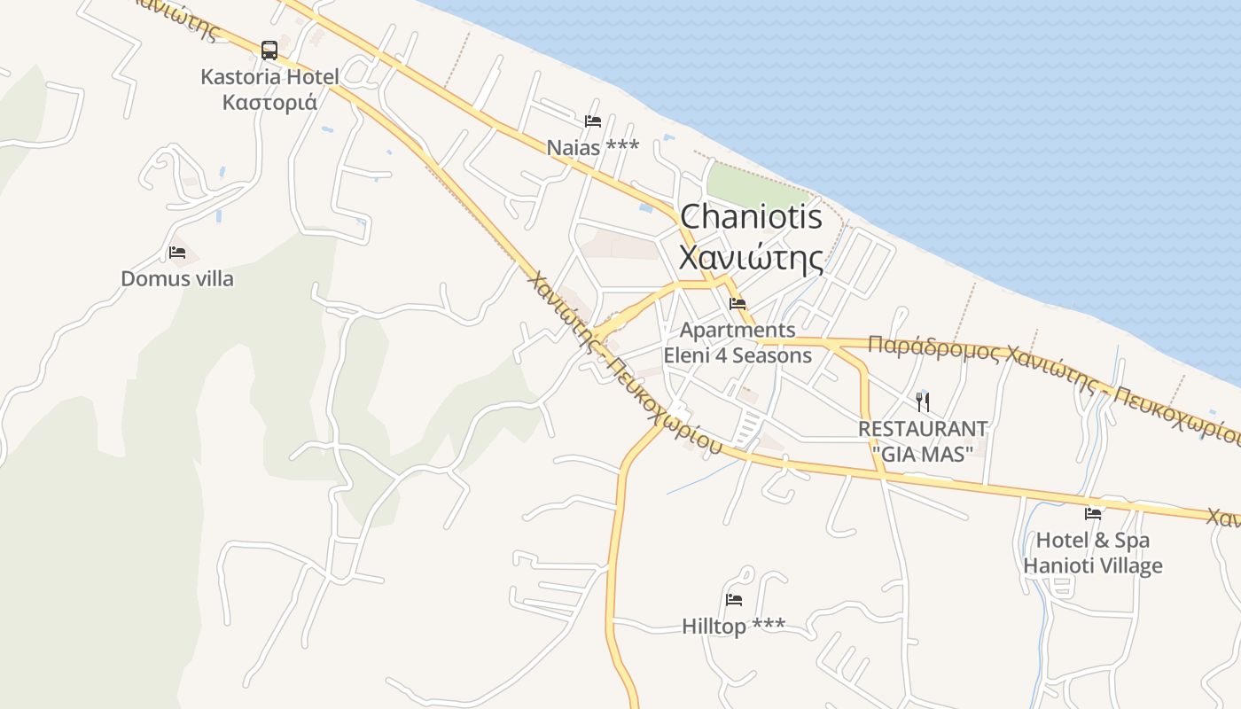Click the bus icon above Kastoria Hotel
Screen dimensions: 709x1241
click(269, 51)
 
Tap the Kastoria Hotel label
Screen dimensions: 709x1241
click(269, 77)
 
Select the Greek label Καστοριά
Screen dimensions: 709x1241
click(269, 101)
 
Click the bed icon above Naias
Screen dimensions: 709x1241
click(593, 121)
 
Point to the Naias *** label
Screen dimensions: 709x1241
click(592, 147)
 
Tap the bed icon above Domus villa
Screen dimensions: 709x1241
click(177, 253)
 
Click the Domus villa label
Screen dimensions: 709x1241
click(177, 279)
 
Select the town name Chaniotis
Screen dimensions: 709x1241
click(752, 217)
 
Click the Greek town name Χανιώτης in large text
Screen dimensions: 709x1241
click(752, 257)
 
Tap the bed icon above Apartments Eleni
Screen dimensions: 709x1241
click(738, 304)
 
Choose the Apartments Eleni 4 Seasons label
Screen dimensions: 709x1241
click(738, 343)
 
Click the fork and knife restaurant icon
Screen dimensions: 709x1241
click(923, 401)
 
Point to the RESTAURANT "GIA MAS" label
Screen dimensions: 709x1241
click(923, 440)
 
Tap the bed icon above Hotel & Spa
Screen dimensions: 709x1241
click(1093, 513)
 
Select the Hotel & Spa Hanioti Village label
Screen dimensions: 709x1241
click(1093, 553)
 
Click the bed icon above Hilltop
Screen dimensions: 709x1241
click(734, 600)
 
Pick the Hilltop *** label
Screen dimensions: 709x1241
click(733, 626)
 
